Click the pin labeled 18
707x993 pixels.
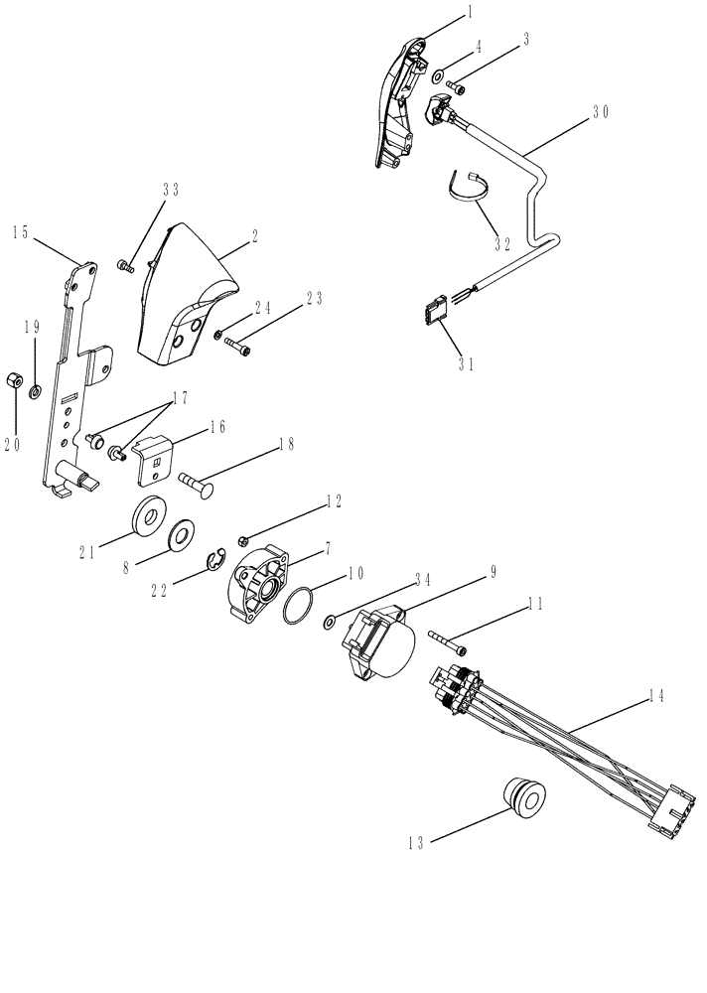[200, 483]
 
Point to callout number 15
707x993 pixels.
[21, 232]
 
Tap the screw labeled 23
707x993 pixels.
[240, 347]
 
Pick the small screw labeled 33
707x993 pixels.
[125, 265]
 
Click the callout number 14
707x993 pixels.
[656, 697]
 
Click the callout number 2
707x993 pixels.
[254, 237]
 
